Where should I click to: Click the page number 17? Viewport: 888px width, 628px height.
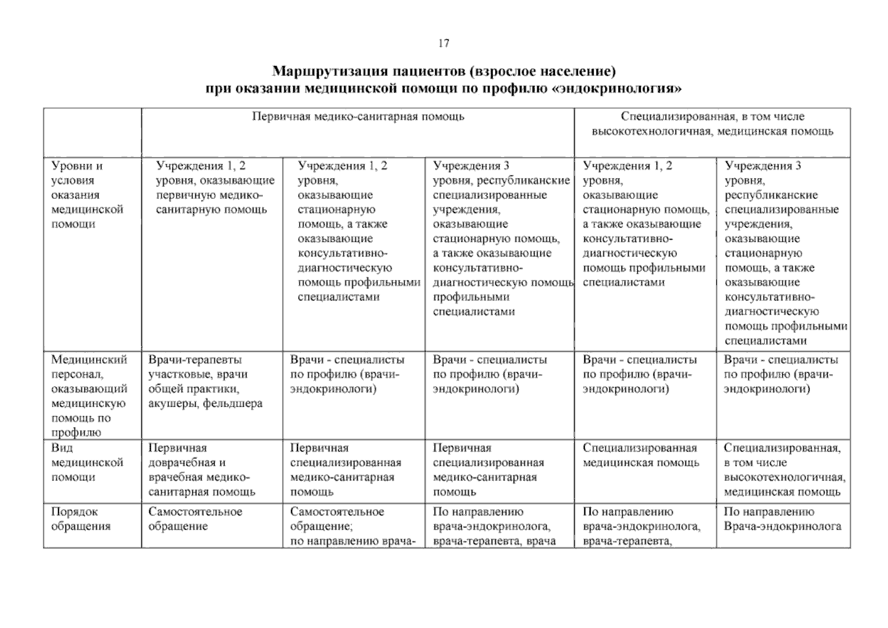(x=443, y=43)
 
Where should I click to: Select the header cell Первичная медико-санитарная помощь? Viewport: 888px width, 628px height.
(x=358, y=117)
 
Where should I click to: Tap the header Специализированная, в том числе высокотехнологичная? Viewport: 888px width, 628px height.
(x=712, y=124)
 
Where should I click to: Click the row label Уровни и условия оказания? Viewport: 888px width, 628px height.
(x=87, y=195)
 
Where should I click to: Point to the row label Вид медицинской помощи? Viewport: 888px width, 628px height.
(x=87, y=463)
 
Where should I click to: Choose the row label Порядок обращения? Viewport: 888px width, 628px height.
(x=81, y=519)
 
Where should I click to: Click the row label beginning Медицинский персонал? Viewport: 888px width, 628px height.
(x=89, y=396)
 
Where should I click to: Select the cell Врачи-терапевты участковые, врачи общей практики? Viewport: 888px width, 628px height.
(x=205, y=382)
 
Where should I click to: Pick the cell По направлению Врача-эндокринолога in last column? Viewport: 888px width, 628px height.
(x=782, y=519)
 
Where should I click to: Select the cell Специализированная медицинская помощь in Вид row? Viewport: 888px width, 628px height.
(x=640, y=455)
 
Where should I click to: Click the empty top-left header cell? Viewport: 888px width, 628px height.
(x=92, y=132)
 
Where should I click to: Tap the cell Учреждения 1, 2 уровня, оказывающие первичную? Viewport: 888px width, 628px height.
(x=215, y=187)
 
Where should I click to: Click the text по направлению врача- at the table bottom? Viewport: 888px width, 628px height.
(x=352, y=541)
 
